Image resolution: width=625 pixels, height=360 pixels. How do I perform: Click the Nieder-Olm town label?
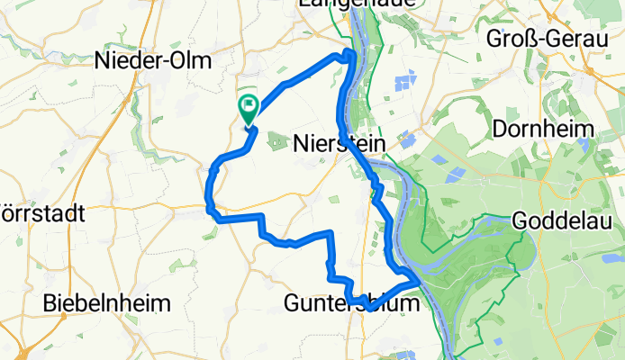[152, 61]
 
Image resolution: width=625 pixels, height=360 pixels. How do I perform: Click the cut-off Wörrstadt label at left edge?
[41, 214]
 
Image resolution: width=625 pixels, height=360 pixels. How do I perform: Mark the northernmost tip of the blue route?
[347, 53]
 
